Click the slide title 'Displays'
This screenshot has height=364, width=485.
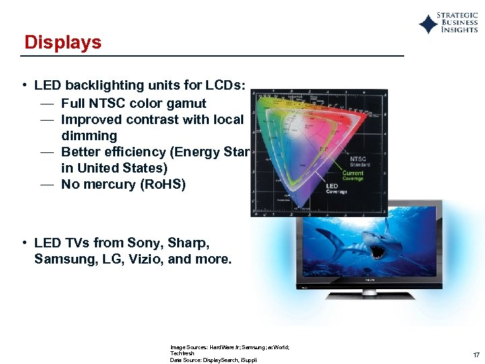click(x=63, y=42)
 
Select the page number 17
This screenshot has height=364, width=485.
click(x=476, y=355)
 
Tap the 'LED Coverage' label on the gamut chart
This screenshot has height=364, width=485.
click(x=337, y=189)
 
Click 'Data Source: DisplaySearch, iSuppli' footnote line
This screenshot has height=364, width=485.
click(x=214, y=360)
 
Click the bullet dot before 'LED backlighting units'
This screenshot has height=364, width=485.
click(x=24, y=86)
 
